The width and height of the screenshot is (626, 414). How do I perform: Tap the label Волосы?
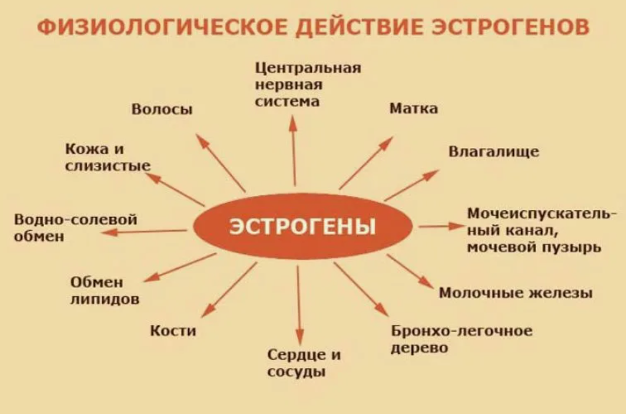[162, 109]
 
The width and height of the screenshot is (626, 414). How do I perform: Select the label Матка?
[413, 108]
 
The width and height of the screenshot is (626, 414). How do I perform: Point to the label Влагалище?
[494, 151]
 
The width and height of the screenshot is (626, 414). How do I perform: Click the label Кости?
[173, 331]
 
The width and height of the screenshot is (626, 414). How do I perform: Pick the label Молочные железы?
[516, 293]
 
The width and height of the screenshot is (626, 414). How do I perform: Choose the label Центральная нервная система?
[308, 85]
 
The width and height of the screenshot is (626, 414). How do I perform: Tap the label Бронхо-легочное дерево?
[461, 339]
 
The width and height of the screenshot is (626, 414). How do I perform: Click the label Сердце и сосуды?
[304, 363]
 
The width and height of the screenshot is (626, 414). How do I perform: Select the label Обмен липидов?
[104, 291]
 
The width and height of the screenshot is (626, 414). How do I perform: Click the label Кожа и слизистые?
[108, 157]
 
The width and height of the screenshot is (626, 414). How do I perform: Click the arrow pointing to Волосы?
[220, 162]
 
